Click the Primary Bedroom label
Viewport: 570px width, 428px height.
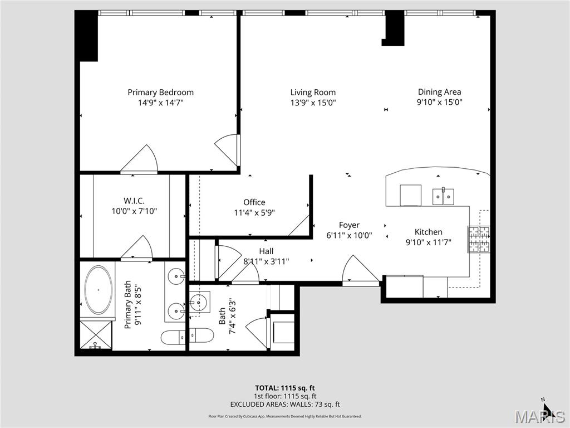tap(160, 93)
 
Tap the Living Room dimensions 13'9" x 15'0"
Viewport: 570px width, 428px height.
tap(313, 103)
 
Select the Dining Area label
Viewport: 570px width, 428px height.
tap(439, 92)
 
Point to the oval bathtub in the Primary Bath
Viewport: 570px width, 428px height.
tap(98, 290)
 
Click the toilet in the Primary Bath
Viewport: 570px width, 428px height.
tap(173, 338)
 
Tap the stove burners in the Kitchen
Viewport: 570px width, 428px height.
tap(479, 239)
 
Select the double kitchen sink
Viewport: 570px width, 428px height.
tap(443, 196)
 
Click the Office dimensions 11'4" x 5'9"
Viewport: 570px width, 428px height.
tap(254, 212)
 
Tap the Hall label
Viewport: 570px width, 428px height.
tap(266, 251)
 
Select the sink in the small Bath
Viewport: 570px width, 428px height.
tap(198, 303)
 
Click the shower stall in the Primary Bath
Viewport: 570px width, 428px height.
tap(96, 335)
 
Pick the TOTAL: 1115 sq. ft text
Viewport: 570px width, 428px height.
tap(285, 388)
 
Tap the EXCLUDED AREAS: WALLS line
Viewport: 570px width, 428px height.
tap(285, 405)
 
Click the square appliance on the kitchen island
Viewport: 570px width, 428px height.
tap(411, 195)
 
